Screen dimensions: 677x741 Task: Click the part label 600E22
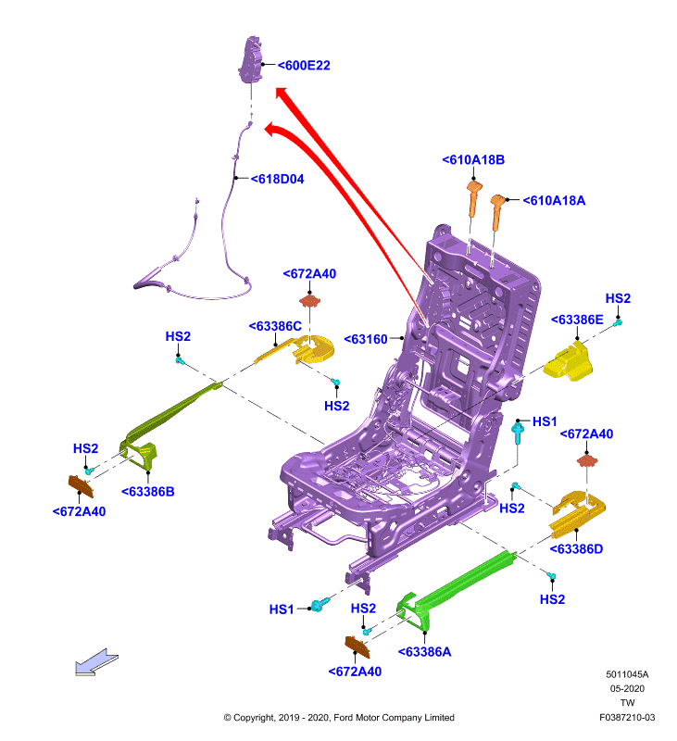click(304, 65)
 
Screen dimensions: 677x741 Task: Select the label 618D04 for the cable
click(277, 179)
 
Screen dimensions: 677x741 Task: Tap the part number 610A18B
click(473, 159)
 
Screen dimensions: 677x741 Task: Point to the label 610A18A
click(554, 200)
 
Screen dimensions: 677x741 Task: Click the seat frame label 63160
click(366, 339)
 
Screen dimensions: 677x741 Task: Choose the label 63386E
click(577, 320)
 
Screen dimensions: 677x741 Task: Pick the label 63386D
click(576, 548)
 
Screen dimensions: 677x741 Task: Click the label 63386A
click(425, 652)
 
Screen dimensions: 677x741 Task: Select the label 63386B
click(148, 492)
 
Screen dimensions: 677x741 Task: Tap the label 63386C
click(275, 326)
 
